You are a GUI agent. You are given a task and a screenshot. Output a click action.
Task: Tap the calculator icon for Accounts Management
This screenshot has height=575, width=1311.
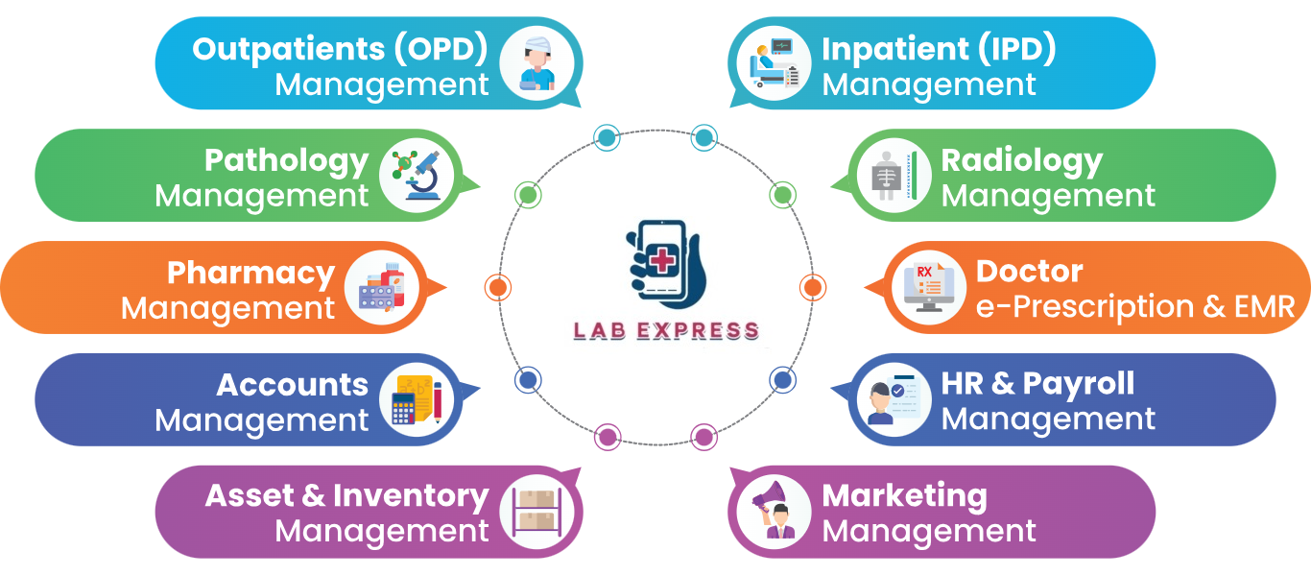tap(417, 400)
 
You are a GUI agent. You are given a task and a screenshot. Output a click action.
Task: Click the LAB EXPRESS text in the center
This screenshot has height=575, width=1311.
tap(666, 331)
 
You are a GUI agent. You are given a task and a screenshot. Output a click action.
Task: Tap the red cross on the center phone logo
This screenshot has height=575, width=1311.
tap(661, 258)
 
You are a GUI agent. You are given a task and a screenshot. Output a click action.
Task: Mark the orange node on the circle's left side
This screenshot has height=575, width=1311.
tap(498, 287)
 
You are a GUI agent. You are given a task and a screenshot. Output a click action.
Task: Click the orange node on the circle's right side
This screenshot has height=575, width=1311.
tap(812, 287)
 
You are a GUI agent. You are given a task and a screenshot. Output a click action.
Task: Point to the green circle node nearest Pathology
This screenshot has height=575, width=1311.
tap(527, 195)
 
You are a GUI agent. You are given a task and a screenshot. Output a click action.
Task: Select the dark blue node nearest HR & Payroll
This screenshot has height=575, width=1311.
tap(782, 379)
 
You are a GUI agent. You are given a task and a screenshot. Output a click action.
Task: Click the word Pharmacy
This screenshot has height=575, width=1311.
tap(250, 273)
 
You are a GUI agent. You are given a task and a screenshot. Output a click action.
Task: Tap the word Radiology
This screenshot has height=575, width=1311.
tap(1021, 161)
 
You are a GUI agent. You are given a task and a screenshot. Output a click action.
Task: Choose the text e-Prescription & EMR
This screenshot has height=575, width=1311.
tap(1135, 306)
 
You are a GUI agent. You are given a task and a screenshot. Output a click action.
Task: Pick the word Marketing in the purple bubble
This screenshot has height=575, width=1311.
tap(904, 496)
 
